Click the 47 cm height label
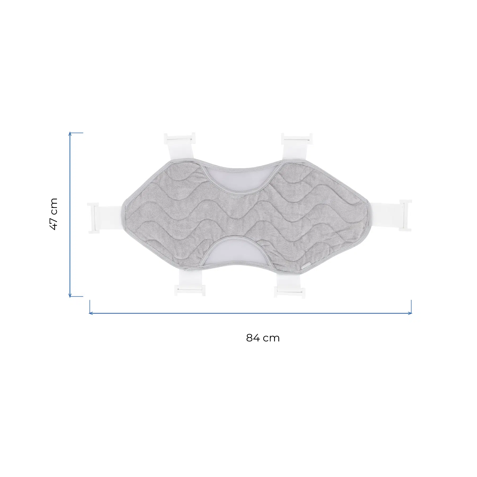tap(54, 214)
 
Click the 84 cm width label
tap(263, 338)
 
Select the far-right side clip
tap(405, 215)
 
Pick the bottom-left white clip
tap(190, 291)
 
